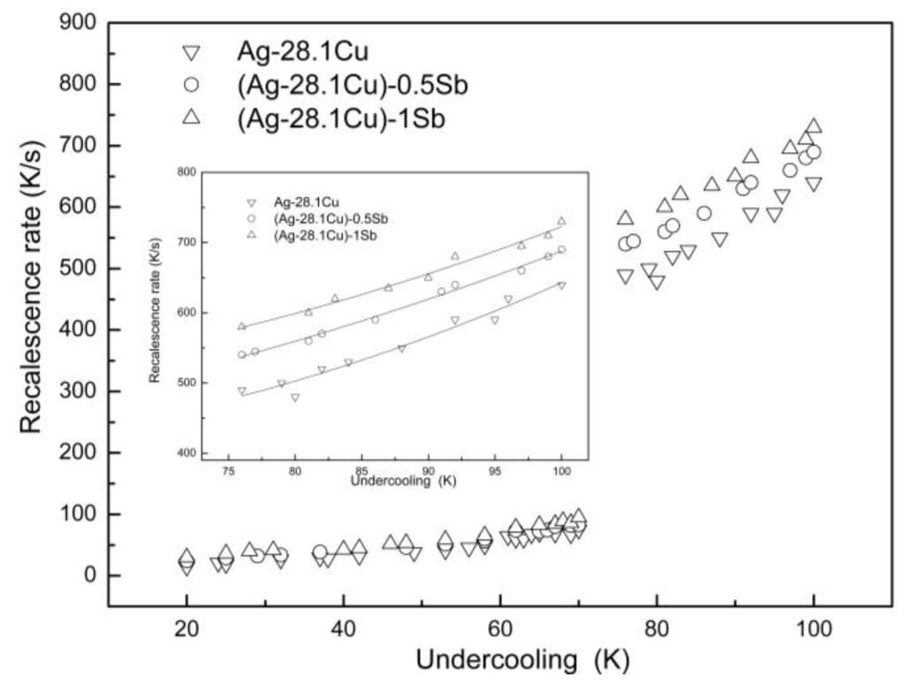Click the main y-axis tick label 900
(x=78, y=23)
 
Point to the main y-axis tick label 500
(x=78, y=269)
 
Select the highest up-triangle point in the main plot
(x=814, y=127)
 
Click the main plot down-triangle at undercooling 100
(x=813, y=185)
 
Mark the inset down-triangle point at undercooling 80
(x=295, y=398)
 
